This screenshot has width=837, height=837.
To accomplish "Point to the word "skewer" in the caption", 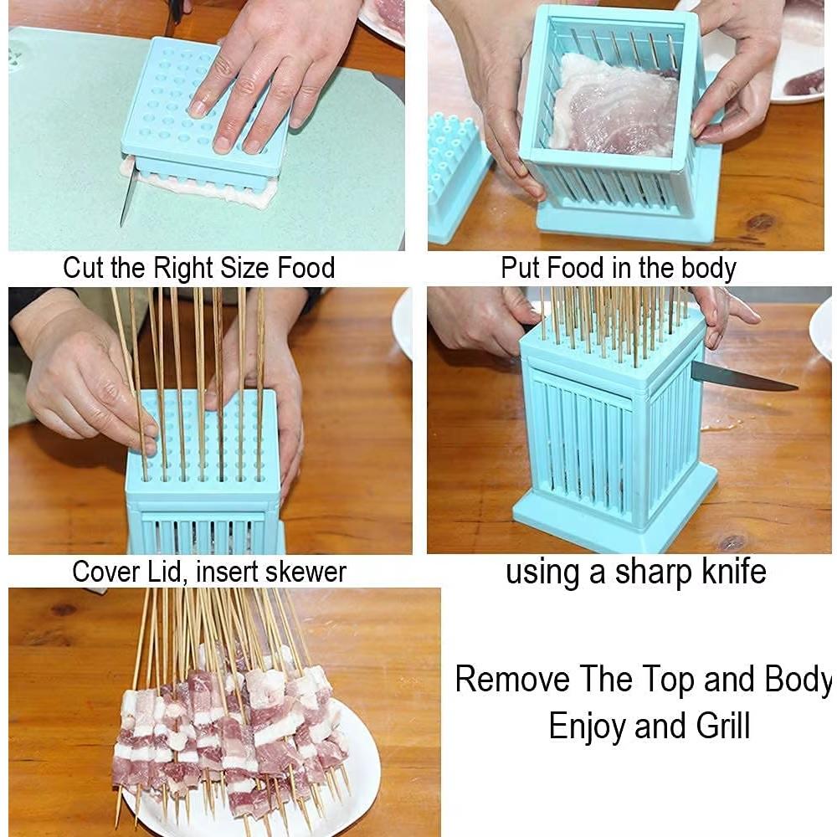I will tap(305, 572).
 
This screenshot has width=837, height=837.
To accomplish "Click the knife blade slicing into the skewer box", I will tap(745, 379).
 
